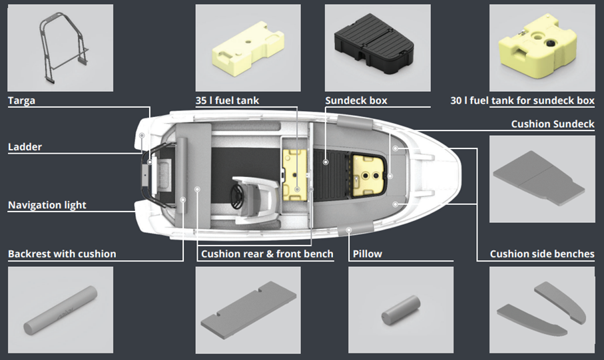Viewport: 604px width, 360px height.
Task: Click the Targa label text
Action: coord(21,100)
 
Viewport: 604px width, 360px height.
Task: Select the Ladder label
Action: coord(25,146)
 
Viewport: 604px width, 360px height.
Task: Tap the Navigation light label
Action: coord(47,205)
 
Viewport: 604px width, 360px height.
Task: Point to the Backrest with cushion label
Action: coord(62,254)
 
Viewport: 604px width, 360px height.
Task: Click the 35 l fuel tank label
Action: coord(227,100)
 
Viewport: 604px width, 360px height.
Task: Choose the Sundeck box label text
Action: coord(356,100)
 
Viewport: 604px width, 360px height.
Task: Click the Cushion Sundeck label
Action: coord(553,124)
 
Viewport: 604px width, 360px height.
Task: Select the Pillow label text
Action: coord(368,254)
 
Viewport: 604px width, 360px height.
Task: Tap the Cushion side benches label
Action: coord(542,254)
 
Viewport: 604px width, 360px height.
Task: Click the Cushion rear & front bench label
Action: coord(267,254)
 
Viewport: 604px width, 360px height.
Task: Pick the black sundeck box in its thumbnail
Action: coord(374,48)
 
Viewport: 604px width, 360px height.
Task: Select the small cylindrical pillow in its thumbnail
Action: coord(401,310)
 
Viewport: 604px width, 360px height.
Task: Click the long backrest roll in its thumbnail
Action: coord(61,310)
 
